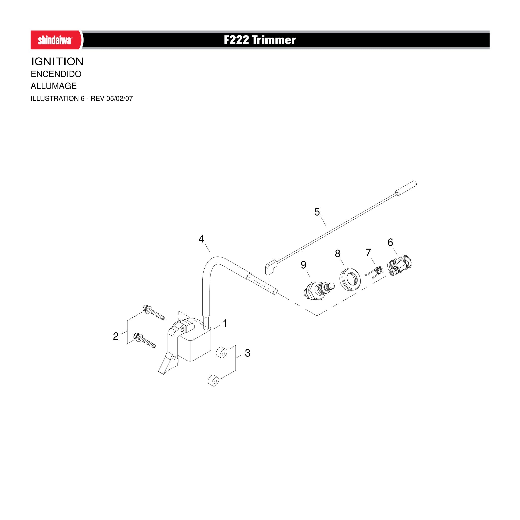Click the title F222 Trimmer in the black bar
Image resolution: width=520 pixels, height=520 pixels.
click(x=260, y=40)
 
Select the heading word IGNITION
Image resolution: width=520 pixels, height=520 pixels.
click(x=57, y=61)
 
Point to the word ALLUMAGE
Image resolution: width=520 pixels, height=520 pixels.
click(x=54, y=86)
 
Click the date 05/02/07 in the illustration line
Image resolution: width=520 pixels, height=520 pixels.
click(x=120, y=99)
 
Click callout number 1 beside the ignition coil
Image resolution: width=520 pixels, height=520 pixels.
click(x=225, y=323)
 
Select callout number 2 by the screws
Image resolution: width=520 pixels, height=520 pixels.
click(x=116, y=336)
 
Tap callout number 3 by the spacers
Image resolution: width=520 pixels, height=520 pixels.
click(x=248, y=353)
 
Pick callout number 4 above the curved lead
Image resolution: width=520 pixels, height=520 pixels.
click(x=201, y=239)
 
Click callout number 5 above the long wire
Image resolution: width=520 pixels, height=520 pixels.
click(x=317, y=212)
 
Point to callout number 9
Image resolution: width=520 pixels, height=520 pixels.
click(x=304, y=265)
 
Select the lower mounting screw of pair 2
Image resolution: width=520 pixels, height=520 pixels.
click(x=144, y=340)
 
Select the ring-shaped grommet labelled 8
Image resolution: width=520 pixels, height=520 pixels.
click(x=350, y=280)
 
